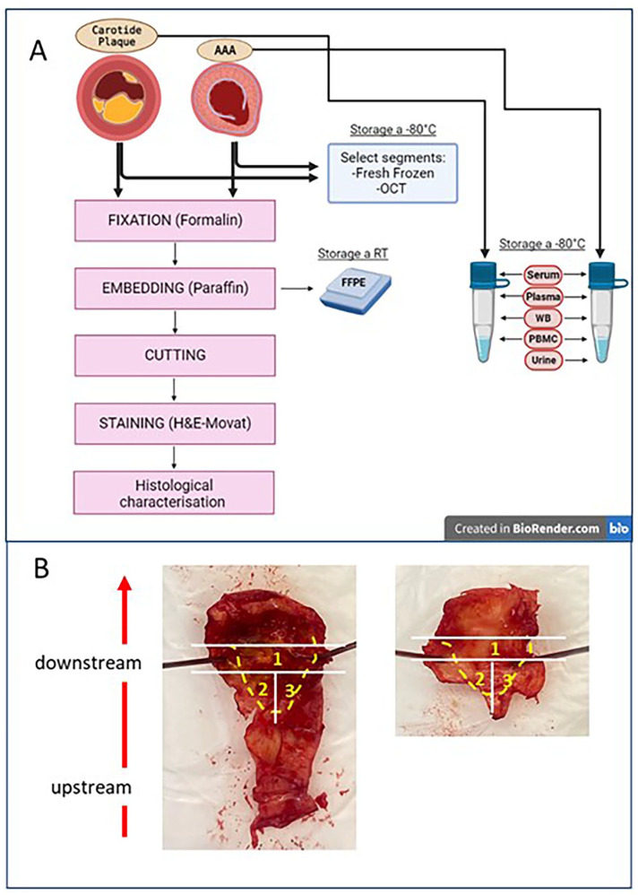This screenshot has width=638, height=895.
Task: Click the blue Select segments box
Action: click(392, 169)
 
